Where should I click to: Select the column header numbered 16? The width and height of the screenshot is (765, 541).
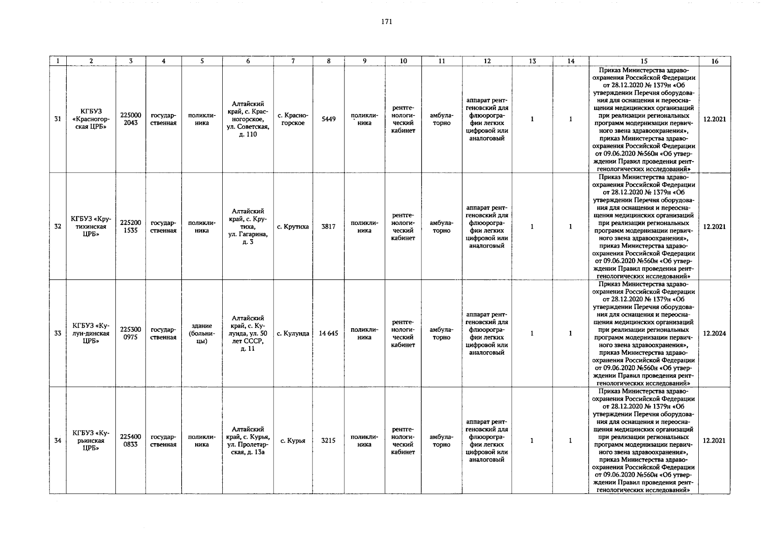(x=715, y=61)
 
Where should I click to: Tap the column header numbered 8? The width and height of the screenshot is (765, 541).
(x=329, y=61)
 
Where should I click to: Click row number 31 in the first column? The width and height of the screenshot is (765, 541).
(x=58, y=119)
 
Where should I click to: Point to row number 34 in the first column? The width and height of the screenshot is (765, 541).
(x=58, y=440)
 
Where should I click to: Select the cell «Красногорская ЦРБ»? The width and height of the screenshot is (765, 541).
(x=91, y=119)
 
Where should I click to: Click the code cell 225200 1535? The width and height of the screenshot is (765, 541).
(x=131, y=226)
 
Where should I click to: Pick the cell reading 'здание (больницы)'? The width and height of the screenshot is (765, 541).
(x=202, y=333)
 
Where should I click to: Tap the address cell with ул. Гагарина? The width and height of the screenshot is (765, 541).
(x=248, y=226)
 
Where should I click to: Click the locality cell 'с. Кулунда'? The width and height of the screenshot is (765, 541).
(x=293, y=334)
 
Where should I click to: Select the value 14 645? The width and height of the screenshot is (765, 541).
(x=328, y=334)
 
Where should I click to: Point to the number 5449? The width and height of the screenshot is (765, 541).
(x=328, y=119)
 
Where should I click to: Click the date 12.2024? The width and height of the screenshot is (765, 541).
(x=715, y=334)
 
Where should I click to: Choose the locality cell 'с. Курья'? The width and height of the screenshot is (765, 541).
(x=293, y=440)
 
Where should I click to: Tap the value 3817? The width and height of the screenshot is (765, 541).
(x=328, y=226)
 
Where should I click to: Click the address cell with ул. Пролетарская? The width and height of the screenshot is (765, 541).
(x=248, y=440)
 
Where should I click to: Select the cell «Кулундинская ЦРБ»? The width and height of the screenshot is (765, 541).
(x=91, y=333)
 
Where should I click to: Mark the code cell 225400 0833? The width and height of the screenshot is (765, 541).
(x=131, y=440)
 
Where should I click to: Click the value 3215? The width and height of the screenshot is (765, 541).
(x=328, y=440)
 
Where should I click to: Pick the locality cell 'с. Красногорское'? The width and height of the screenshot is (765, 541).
(x=293, y=119)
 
